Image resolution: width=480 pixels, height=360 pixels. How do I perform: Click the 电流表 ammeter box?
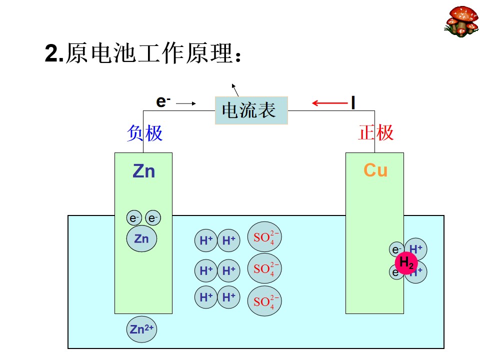(251, 110)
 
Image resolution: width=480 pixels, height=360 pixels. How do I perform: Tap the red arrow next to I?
(329, 103)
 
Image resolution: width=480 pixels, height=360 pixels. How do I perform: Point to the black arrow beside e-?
(186, 103)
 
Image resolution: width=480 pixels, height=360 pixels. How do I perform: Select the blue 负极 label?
(144, 133)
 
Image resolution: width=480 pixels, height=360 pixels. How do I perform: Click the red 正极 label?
(376, 132)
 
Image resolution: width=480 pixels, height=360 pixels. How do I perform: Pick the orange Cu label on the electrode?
(375, 170)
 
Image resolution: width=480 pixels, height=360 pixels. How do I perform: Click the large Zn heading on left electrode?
(144, 171)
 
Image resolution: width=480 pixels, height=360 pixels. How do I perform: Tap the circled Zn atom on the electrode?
(141, 239)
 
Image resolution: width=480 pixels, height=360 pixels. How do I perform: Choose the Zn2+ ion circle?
(141, 329)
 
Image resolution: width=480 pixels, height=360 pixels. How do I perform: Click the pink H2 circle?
(406, 262)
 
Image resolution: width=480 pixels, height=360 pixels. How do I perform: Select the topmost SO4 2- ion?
(264, 236)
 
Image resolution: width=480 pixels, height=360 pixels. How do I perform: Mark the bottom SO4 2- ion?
(264, 301)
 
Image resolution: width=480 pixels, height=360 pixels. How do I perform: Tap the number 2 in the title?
(51, 53)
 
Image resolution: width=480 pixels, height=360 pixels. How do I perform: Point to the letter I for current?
(353, 102)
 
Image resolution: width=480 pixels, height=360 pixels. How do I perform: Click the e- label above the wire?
(163, 101)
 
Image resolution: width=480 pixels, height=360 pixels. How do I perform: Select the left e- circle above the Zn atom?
(134, 218)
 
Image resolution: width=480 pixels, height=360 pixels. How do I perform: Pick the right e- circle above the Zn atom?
(153, 218)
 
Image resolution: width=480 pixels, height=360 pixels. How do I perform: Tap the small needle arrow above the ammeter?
(235, 90)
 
